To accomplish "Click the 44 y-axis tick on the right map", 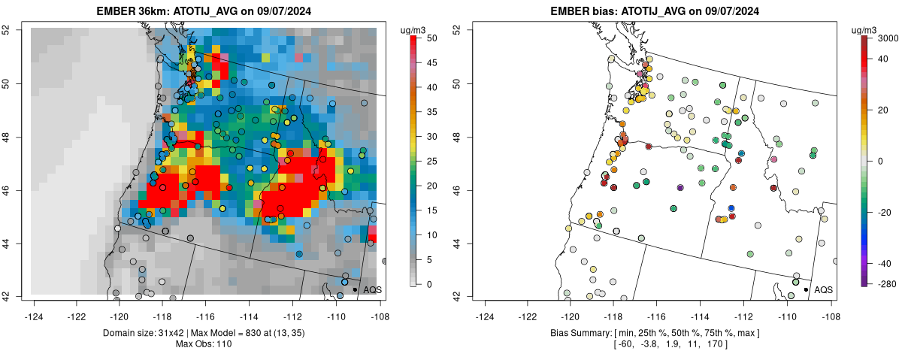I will (466, 244).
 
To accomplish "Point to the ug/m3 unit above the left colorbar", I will (415, 29).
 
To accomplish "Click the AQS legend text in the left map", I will (372, 289).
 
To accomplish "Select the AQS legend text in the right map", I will (823, 289).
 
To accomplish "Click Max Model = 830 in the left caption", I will (230, 332).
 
